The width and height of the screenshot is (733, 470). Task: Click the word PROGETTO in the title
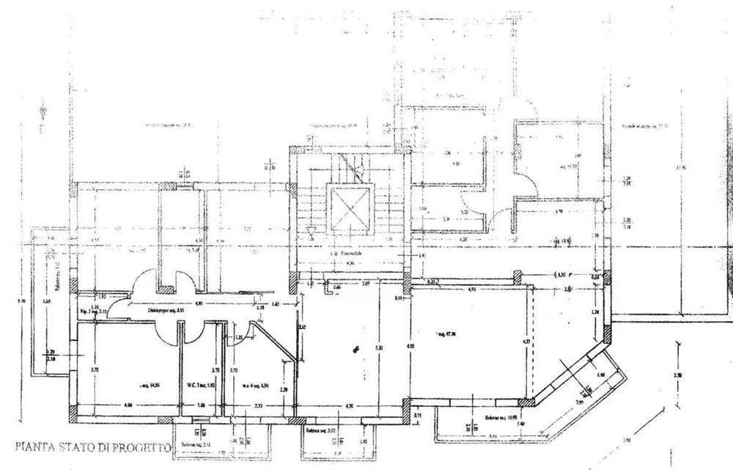pyautogui.click(x=143, y=447)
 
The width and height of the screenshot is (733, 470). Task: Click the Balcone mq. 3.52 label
pyautogui.click(x=320, y=431)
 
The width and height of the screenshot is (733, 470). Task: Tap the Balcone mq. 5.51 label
pyautogui.click(x=192, y=444)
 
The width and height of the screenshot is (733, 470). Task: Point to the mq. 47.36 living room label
pyautogui.click(x=445, y=336)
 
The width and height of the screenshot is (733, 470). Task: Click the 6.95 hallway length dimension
pyautogui.click(x=199, y=302)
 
